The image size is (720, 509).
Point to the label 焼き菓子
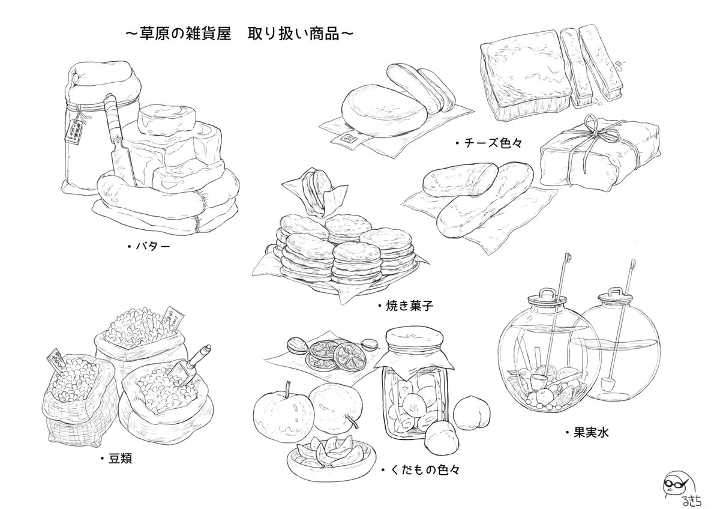point(409,306)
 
